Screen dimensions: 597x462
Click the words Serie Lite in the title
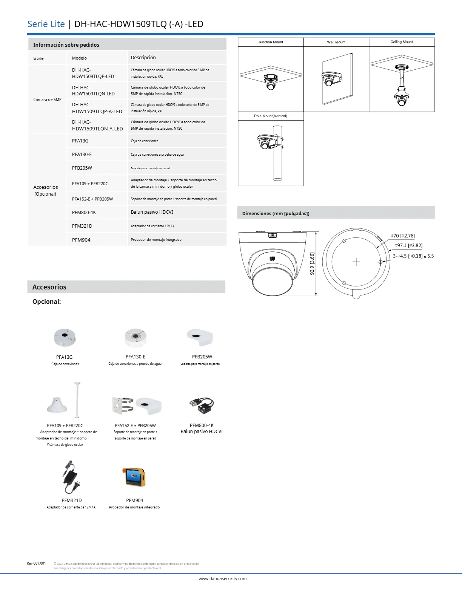[46, 24]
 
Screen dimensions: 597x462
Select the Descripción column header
[143, 58]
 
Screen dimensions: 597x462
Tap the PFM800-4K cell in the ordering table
[84, 213]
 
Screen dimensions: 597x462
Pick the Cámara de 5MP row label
[47, 99]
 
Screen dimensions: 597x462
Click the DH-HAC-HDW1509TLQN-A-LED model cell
[97, 126]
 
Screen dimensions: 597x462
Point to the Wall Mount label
[336, 42]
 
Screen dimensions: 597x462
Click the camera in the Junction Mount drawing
[271, 82]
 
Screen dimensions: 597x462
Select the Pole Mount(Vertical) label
[270, 116]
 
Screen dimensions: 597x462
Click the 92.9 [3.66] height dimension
[312, 263]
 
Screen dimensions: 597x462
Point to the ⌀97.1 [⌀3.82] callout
[408, 245]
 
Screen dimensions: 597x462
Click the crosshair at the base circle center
[356, 262]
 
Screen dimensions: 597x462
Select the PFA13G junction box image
[65, 337]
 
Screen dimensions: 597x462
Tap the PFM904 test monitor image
[134, 477]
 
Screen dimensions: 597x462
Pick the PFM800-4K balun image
[202, 406]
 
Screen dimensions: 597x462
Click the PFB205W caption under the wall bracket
[202, 357]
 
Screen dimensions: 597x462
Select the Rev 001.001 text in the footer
[36, 563]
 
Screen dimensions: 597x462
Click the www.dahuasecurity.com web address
[222, 579]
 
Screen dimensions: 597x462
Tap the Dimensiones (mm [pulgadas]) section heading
[276, 214]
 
